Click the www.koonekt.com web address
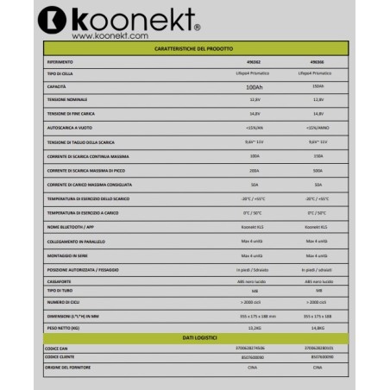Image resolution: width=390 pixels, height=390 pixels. pyautogui.click(x=110, y=36)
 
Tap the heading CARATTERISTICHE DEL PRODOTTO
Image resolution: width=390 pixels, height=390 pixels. pyautogui.click(x=194, y=49)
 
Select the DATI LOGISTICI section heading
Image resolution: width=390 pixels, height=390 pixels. pyautogui.click(x=194, y=336)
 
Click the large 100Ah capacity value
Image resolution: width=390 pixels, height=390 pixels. pyautogui.click(x=254, y=87)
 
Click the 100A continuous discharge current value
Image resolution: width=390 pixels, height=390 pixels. pyautogui.click(x=254, y=156)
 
